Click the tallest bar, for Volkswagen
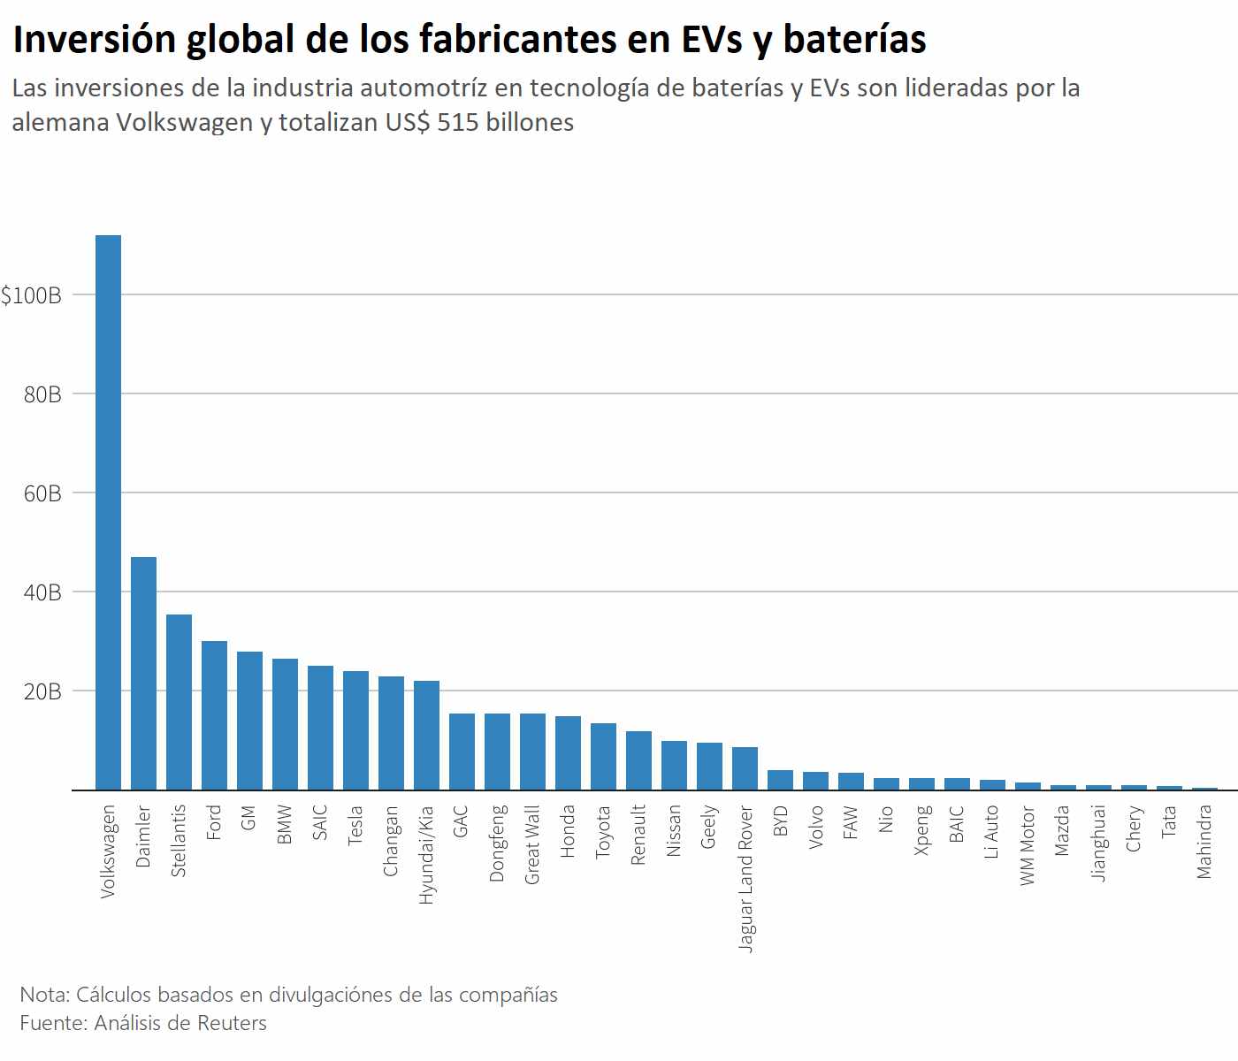(108, 513)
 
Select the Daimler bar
(143, 674)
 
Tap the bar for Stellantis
(179, 702)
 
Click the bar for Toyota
(603, 757)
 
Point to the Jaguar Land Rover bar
(745, 768)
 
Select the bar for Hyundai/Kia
(426, 735)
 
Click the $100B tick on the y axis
(32, 295)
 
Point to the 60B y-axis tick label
(42, 493)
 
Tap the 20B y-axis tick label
(42, 691)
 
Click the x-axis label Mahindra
(1204, 842)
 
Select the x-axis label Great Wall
(532, 844)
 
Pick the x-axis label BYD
(780, 821)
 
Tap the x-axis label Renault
(638, 835)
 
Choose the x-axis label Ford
(214, 822)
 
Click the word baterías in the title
(854, 39)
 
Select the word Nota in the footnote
(44, 995)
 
